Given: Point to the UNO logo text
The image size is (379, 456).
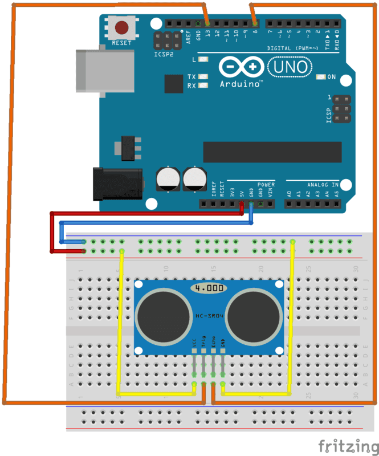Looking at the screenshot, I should tap(290, 68).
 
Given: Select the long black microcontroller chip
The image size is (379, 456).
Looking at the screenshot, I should tap(272, 152).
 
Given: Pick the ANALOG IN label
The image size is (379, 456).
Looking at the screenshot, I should tap(323, 185).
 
